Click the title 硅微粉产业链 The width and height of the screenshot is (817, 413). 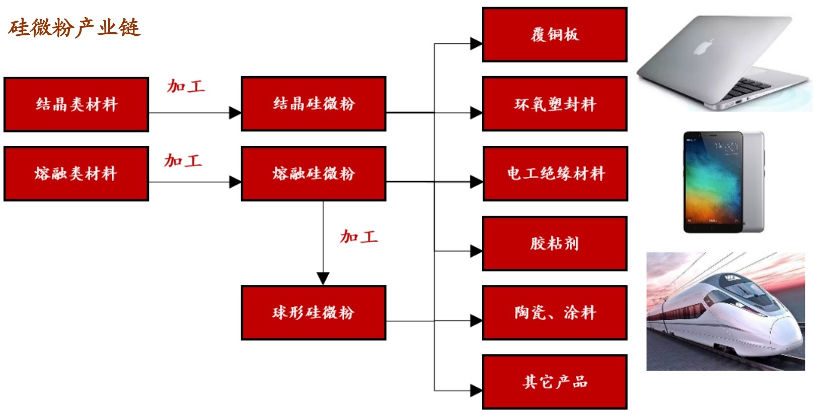point(73,28)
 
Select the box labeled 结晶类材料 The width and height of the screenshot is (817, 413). point(76,104)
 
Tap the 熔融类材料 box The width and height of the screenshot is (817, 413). point(76,173)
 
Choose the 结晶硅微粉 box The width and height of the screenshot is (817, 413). point(313,104)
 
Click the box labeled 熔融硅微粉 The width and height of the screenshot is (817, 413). point(313,173)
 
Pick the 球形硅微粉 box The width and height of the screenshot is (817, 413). point(313,313)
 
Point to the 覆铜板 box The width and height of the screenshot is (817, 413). point(554,35)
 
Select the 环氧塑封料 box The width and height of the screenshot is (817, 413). point(554,104)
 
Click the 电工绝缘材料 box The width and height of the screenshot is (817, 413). point(555,173)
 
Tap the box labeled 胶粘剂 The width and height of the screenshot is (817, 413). point(554,244)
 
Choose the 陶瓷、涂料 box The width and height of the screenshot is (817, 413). point(554,313)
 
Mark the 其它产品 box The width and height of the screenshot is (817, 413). point(554,382)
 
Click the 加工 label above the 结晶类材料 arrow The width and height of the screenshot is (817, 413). point(186,86)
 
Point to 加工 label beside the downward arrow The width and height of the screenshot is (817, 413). point(358,237)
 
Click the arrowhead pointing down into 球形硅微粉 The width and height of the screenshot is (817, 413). point(323,278)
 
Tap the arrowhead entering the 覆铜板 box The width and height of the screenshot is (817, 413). point(476,44)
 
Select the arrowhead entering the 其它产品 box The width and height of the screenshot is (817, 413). point(476,390)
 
